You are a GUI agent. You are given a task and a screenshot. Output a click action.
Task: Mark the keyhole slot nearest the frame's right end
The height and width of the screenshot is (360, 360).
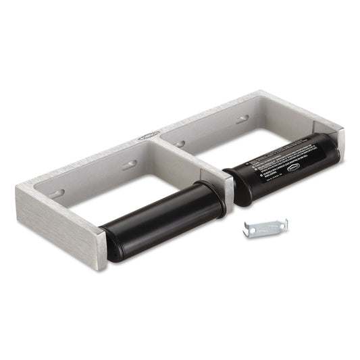(x=241, y=119)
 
